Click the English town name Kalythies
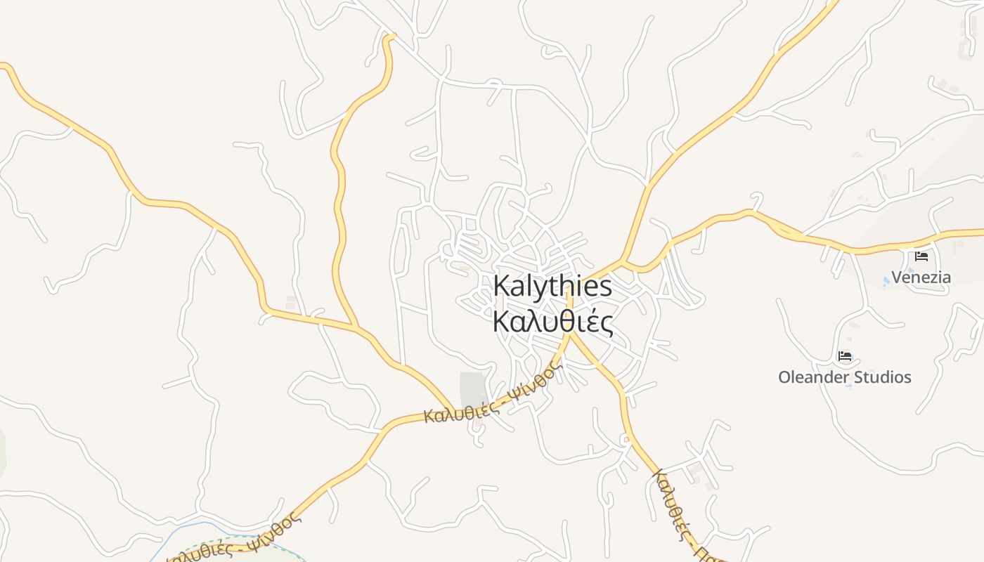click(552, 287)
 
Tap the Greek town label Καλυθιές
click(552, 322)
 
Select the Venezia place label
click(921, 277)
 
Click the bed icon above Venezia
click(921, 256)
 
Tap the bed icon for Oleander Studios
click(845, 356)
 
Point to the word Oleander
click(812, 377)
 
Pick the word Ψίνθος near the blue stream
click(278, 528)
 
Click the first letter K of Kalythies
click(500, 287)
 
